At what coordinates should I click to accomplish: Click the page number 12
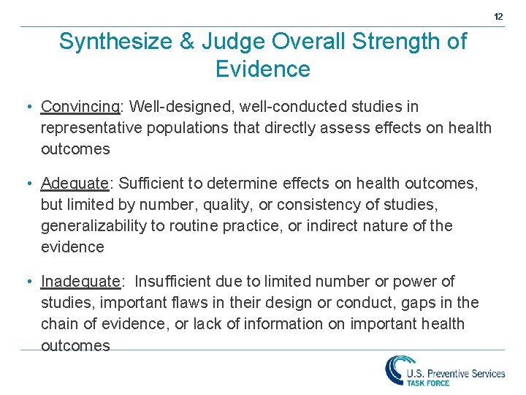[x=498, y=16]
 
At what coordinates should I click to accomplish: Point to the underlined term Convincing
[x=80, y=107]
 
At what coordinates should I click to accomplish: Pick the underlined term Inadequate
[x=80, y=282]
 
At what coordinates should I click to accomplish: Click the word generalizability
[x=94, y=226]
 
